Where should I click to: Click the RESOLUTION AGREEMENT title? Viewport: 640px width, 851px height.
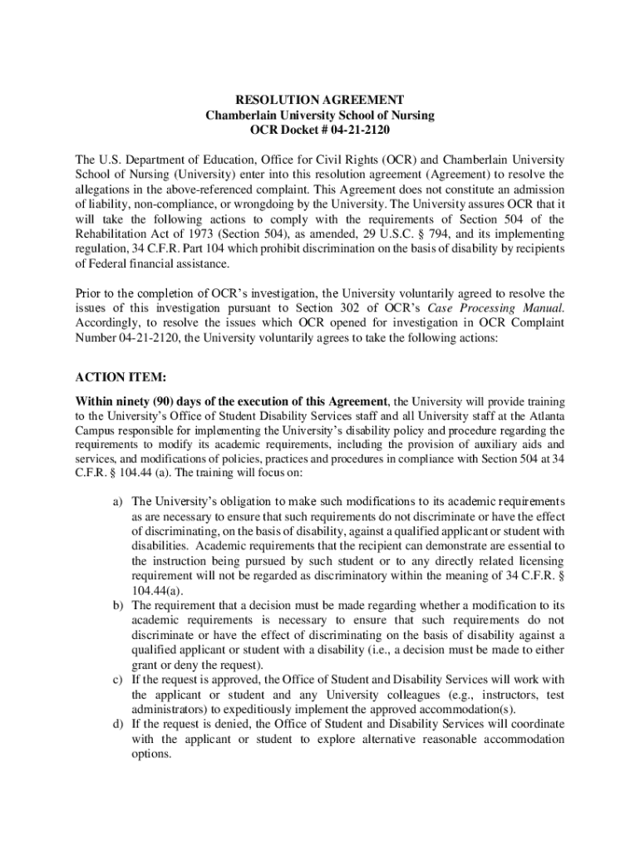320,100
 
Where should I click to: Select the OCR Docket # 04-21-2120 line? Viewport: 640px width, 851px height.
320,130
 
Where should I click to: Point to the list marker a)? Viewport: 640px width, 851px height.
118,501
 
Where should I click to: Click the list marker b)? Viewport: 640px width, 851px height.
118,605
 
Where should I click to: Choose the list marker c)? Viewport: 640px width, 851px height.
118,680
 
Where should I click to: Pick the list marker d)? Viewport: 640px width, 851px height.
118,725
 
